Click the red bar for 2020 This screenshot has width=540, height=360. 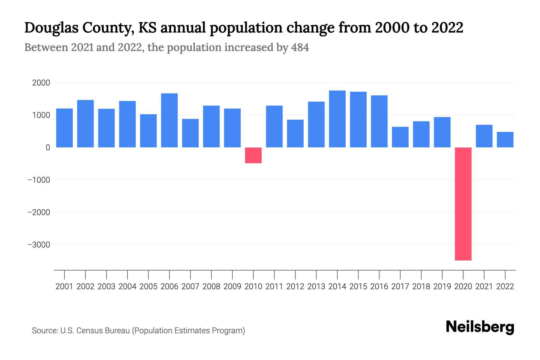[x=463, y=204]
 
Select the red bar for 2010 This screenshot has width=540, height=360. [x=253, y=155]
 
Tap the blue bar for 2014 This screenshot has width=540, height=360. [x=337, y=119]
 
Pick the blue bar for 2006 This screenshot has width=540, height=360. [x=169, y=120]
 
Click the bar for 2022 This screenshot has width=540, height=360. [x=505, y=139]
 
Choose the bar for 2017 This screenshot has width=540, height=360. [x=400, y=137]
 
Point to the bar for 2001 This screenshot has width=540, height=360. [x=64, y=128]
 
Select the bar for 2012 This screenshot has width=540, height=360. [x=295, y=133]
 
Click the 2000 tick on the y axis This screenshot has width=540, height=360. [x=41, y=83]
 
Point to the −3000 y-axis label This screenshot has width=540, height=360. [x=39, y=245]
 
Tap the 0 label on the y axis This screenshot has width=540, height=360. [x=48, y=148]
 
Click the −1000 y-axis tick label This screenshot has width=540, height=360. [x=39, y=180]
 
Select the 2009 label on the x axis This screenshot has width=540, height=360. [x=232, y=286]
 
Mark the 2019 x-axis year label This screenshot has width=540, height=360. [x=442, y=286]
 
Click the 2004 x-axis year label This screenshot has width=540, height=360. [x=127, y=286]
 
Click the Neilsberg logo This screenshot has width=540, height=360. [x=480, y=327]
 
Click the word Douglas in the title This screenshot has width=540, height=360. [x=51, y=28]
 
